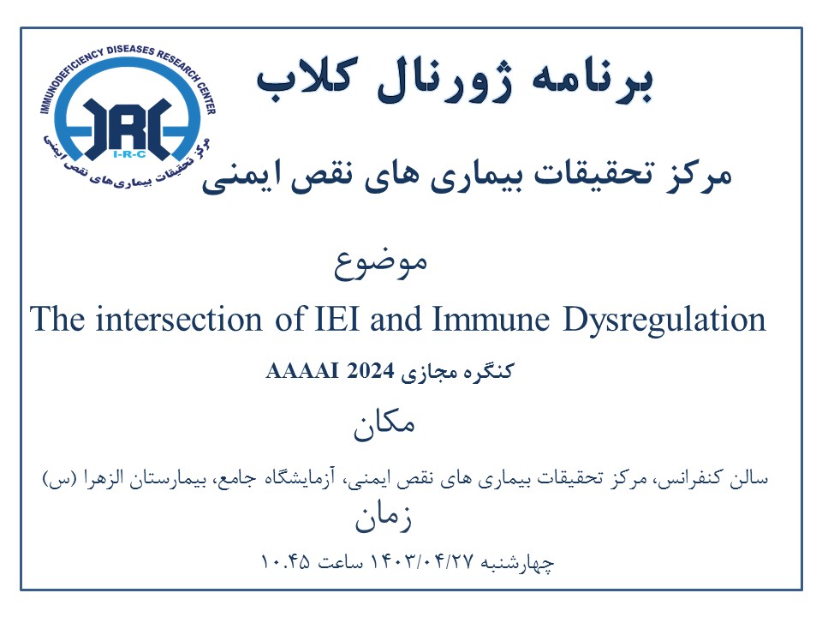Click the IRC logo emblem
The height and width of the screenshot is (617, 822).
click(x=128, y=116)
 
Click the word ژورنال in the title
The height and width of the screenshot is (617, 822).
click(x=444, y=82)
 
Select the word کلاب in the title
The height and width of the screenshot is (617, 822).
click(x=307, y=78)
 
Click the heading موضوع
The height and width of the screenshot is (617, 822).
click(x=381, y=263)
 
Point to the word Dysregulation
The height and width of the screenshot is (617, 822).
click(x=664, y=320)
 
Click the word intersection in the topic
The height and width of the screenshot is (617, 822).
click(x=179, y=319)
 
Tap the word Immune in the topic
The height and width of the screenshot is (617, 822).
click(x=491, y=319)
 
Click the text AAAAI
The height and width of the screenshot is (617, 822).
click(x=302, y=371)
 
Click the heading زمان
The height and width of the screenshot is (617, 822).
click(x=384, y=518)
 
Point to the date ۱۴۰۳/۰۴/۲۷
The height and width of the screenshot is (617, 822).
click(x=422, y=562)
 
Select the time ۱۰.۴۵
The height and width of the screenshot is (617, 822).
click(x=285, y=562)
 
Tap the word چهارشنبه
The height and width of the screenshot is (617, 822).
click(x=517, y=563)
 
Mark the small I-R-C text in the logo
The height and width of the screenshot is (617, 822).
click(x=129, y=154)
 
